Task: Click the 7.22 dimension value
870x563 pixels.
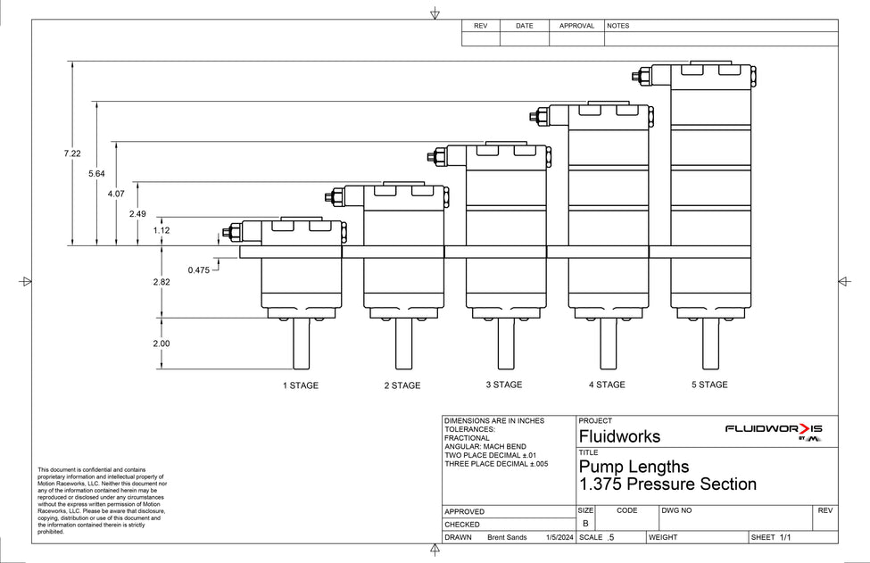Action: (x=72, y=153)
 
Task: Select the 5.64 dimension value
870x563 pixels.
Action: (x=96, y=174)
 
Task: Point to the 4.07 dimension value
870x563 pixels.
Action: (x=116, y=194)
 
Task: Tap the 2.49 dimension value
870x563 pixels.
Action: (x=137, y=213)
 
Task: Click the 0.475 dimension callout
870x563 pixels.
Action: (x=199, y=270)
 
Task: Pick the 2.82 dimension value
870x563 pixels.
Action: (x=162, y=282)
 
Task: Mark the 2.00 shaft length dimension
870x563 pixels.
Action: (x=162, y=344)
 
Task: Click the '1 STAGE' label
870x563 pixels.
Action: (x=301, y=385)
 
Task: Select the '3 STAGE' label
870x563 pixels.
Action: (x=504, y=385)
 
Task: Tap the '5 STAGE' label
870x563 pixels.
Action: (x=709, y=385)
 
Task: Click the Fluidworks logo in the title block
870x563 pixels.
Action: (x=774, y=432)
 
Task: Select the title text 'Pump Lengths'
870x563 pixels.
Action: (x=634, y=467)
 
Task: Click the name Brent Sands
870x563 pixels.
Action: (x=507, y=537)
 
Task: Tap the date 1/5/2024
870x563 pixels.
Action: (x=559, y=537)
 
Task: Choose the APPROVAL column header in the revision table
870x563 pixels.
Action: (x=576, y=26)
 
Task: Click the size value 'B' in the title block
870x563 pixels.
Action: (x=585, y=523)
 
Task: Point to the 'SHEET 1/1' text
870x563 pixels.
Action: (x=771, y=537)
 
